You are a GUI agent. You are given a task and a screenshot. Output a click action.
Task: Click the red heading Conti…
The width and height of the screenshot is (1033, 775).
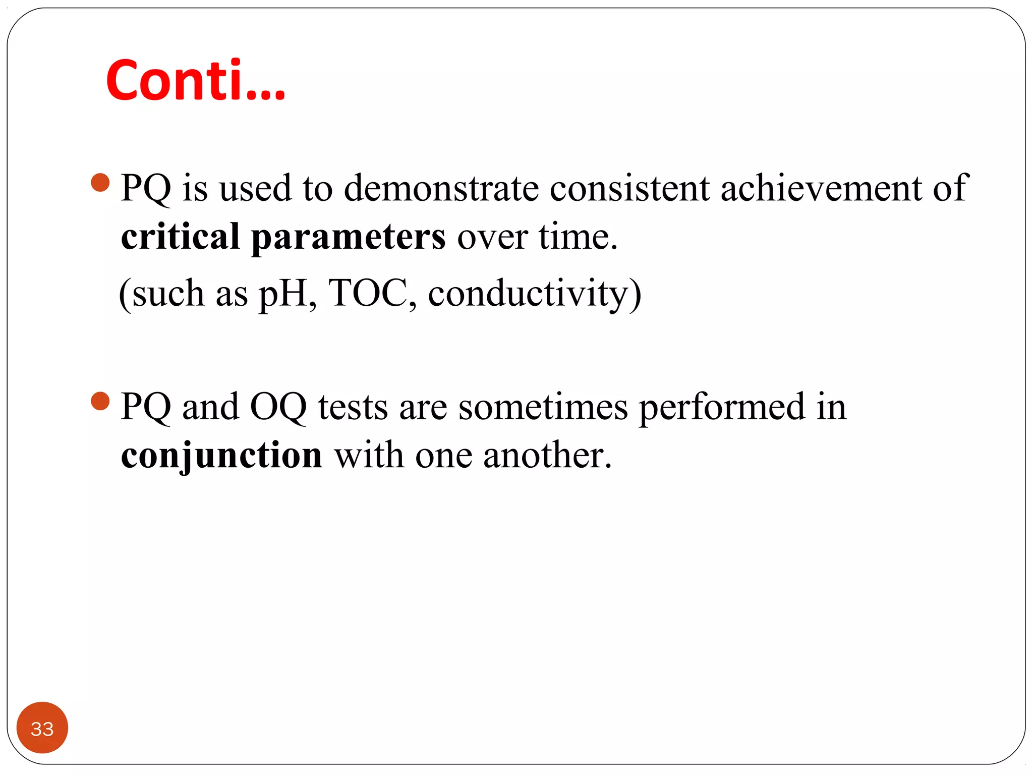click(196, 81)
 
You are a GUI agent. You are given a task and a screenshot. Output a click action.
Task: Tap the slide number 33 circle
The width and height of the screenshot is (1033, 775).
click(42, 728)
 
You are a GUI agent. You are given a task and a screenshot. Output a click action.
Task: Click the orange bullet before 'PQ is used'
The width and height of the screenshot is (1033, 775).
click(100, 183)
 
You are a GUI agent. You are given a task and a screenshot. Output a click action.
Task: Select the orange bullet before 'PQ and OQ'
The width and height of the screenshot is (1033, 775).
click(100, 402)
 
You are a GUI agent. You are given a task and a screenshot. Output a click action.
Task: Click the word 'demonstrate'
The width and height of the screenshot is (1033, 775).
click(441, 188)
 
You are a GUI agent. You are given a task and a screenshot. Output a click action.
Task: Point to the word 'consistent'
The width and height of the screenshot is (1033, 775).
click(629, 188)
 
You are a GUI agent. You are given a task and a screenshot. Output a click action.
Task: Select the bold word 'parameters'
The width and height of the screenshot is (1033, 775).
click(349, 237)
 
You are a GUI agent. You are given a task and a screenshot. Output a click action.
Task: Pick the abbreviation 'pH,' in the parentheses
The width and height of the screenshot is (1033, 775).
click(288, 294)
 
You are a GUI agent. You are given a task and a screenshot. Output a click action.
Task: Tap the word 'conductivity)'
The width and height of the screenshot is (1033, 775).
click(535, 294)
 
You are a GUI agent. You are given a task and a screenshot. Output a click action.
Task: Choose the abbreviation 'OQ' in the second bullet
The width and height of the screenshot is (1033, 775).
click(278, 407)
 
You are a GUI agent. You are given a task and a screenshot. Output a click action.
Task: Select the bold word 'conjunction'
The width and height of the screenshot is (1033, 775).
click(221, 456)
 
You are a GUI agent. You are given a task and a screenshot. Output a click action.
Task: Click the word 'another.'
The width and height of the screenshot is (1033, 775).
click(547, 455)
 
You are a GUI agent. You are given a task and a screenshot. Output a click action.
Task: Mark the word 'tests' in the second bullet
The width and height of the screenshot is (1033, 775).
click(353, 407)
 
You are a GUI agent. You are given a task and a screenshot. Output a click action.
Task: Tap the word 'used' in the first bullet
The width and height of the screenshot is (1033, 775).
click(255, 188)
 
